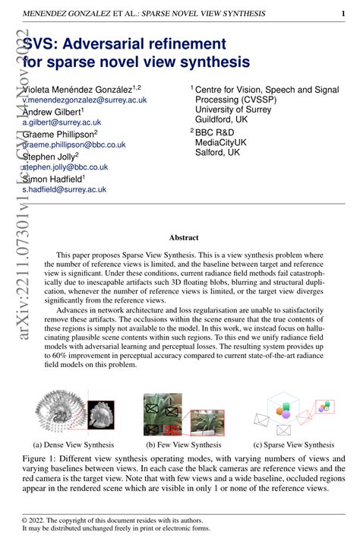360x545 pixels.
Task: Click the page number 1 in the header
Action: pos(343,14)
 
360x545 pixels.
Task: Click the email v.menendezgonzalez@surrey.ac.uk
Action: pos(85,100)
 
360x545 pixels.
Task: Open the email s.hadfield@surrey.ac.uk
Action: pos(65,189)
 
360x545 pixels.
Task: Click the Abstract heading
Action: pos(184,237)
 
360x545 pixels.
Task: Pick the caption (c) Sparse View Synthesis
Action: pos(293,445)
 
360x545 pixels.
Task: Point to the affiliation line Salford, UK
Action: pos(217,152)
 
